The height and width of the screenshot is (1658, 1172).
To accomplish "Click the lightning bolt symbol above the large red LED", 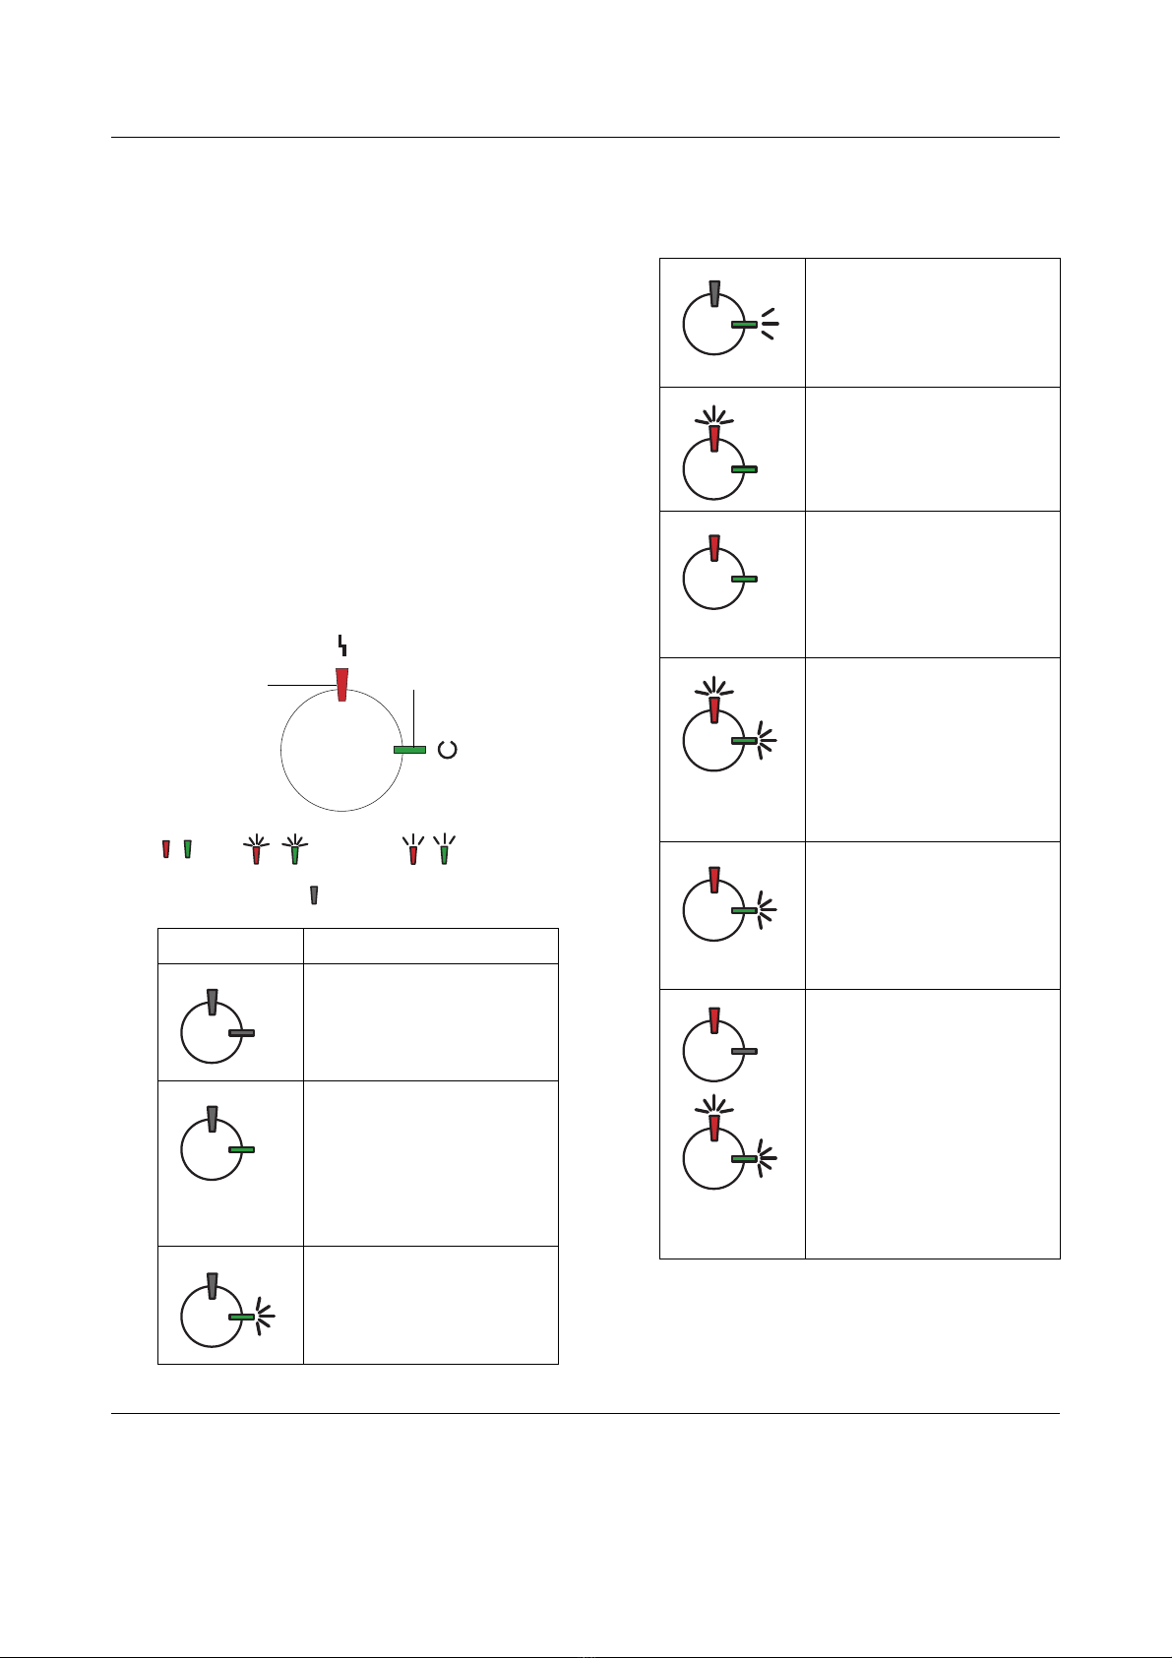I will (342, 645).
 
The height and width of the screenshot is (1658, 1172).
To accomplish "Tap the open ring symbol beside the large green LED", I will (447, 750).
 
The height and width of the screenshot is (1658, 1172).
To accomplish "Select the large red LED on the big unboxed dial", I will (342, 684).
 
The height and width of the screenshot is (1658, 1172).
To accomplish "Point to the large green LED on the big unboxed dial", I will (409, 750).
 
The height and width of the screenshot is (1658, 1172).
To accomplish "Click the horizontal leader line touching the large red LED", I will (300, 683).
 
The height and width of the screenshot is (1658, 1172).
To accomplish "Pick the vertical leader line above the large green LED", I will (415, 716).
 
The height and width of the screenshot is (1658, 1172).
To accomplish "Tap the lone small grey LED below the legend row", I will (314, 894).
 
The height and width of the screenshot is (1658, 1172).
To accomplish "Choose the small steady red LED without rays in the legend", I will (165, 848).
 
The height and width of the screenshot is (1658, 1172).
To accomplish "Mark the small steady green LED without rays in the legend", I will (187, 848).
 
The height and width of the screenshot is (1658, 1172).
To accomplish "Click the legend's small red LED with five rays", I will (257, 852).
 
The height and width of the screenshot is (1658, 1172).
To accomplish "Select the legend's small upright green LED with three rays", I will (444, 852).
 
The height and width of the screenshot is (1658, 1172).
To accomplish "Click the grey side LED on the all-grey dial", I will (241, 1032).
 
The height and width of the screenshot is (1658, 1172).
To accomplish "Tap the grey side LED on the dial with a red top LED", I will (744, 1051).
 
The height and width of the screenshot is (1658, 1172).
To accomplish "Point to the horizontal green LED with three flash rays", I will (744, 324).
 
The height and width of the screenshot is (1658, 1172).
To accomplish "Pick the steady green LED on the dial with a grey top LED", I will (241, 1149).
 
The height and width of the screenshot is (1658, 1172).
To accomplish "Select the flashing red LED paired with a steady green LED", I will (715, 438).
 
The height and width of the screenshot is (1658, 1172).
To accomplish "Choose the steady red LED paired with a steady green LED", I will (715, 547).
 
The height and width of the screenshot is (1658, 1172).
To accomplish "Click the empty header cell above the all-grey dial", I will (230, 946).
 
